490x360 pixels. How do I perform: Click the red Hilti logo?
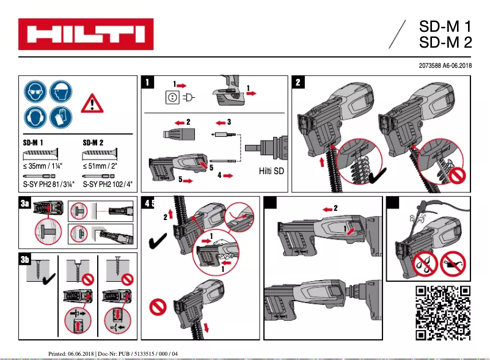pos(85,34)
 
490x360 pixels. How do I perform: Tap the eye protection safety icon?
pos(35,92)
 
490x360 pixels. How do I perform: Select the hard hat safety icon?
pos(61,92)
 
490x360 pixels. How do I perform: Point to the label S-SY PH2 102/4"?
pos(106,183)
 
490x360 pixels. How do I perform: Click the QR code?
pos(443,312)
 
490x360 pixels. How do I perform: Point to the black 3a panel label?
pos(25,205)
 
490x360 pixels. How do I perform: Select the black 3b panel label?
pos(25,260)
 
